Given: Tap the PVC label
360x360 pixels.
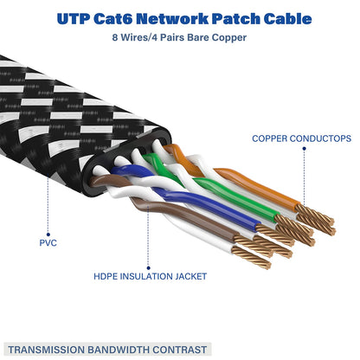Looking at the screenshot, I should (49, 243).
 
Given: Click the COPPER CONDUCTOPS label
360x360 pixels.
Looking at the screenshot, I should (300, 138).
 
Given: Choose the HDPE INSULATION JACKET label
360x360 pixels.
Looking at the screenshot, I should (150, 276).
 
